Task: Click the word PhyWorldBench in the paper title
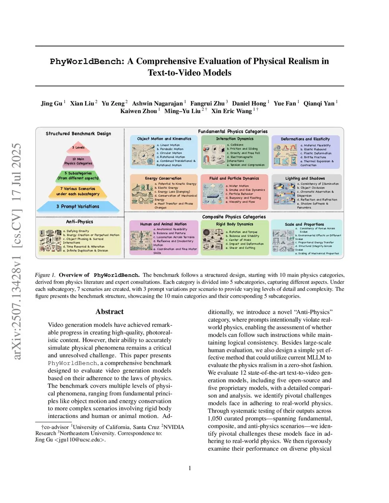(x=87, y=61)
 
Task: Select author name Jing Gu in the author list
(x=52, y=104)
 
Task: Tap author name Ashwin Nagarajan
(x=157, y=104)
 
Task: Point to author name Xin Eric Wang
(x=231, y=111)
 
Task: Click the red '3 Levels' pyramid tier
(x=79, y=148)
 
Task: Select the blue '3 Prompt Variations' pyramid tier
(x=78, y=207)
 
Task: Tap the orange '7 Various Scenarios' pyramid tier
(x=78, y=191)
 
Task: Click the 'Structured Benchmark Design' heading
(x=78, y=134)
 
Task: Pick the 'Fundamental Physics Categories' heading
(x=232, y=131)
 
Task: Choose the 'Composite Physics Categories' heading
(x=234, y=217)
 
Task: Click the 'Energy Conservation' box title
(x=163, y=178)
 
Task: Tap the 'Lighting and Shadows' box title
(x=305, y=178)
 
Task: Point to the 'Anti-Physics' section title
(x=79, y=222)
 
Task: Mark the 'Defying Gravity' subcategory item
(x=77, y=231)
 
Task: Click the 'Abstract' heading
(x=109, y=312)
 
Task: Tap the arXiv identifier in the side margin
(x=17, y=251)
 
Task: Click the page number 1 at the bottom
(x=190, y=468)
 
